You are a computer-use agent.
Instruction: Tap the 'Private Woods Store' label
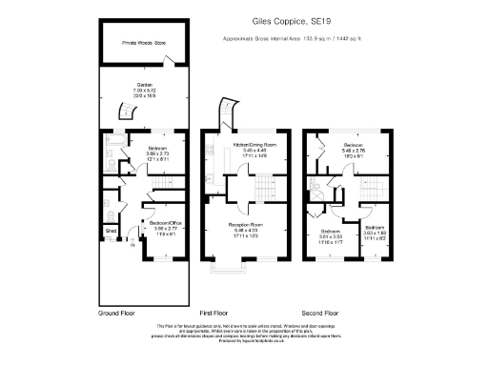click(x=142, y=44)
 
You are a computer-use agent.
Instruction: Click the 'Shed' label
click(x=111, y=231)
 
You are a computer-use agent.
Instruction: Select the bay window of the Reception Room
click(x=226, y=274)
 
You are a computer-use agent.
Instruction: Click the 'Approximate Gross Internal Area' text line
click(x=291, y=39)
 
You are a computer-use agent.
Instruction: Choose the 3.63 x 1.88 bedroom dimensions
click(x=376, y=233)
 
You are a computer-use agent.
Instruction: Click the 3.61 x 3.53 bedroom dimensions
click(x=330, y=237)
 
